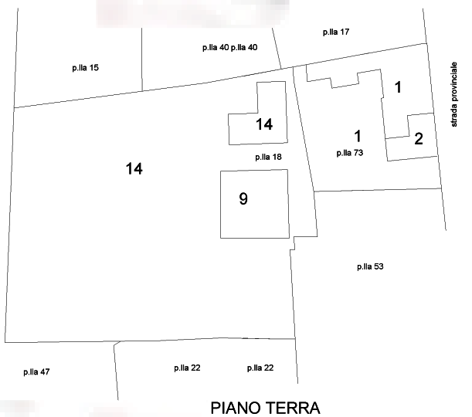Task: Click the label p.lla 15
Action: click(86, 68)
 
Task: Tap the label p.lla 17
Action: click(336, 32)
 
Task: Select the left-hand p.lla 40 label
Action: click(216, 48)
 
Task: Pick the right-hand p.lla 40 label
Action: click(244, 48)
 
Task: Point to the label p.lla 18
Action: click(268, 157)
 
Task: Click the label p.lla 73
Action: click(350, 153)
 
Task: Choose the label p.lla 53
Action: click(370, 266)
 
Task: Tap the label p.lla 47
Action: click(36, 372)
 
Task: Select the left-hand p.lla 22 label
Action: click(187, 368)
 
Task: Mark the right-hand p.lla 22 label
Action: click(260, 368)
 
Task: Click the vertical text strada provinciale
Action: click(454, 94)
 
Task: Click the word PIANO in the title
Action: click(236, 409)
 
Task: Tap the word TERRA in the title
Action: click(294, 409)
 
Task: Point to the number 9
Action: click(243, 199)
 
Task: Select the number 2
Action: click(419, 139)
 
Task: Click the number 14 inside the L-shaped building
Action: click(264, 124)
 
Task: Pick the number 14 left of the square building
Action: click(134, 168)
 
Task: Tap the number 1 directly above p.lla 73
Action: click(358, 136)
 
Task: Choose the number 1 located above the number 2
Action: click(398, 87)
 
